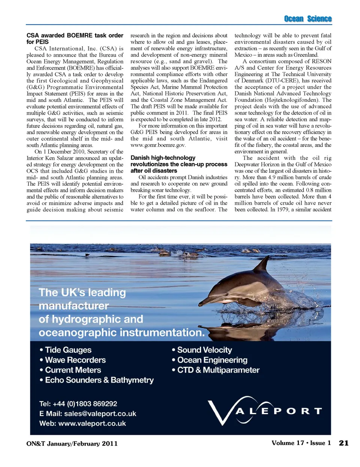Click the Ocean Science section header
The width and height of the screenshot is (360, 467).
tap(307, 19)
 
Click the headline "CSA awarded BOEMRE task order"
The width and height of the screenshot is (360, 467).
tap(75, 35)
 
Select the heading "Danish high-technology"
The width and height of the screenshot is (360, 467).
tap(163, 158)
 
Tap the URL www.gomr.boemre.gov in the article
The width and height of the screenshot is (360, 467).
tap(158, 145)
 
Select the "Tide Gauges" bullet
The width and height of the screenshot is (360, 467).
tap(68, 350)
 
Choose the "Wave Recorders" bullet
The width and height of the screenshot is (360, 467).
tap(75, 360)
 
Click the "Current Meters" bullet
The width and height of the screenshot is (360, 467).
tap(73, 370)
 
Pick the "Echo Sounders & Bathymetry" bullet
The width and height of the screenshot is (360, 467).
tap(99, 380)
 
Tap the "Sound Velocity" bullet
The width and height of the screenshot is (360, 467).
tap(204, 350)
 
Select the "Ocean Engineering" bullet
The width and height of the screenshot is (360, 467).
tap(212, 360)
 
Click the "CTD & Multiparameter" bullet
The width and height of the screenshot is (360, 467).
tap(218, 370)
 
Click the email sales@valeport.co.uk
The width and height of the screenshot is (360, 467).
tap(100, 413)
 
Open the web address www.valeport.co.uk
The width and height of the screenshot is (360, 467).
tap(92, 423)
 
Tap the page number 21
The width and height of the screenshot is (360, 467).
tap(343, 443)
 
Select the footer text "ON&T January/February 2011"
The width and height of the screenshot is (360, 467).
tap(72, 443)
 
